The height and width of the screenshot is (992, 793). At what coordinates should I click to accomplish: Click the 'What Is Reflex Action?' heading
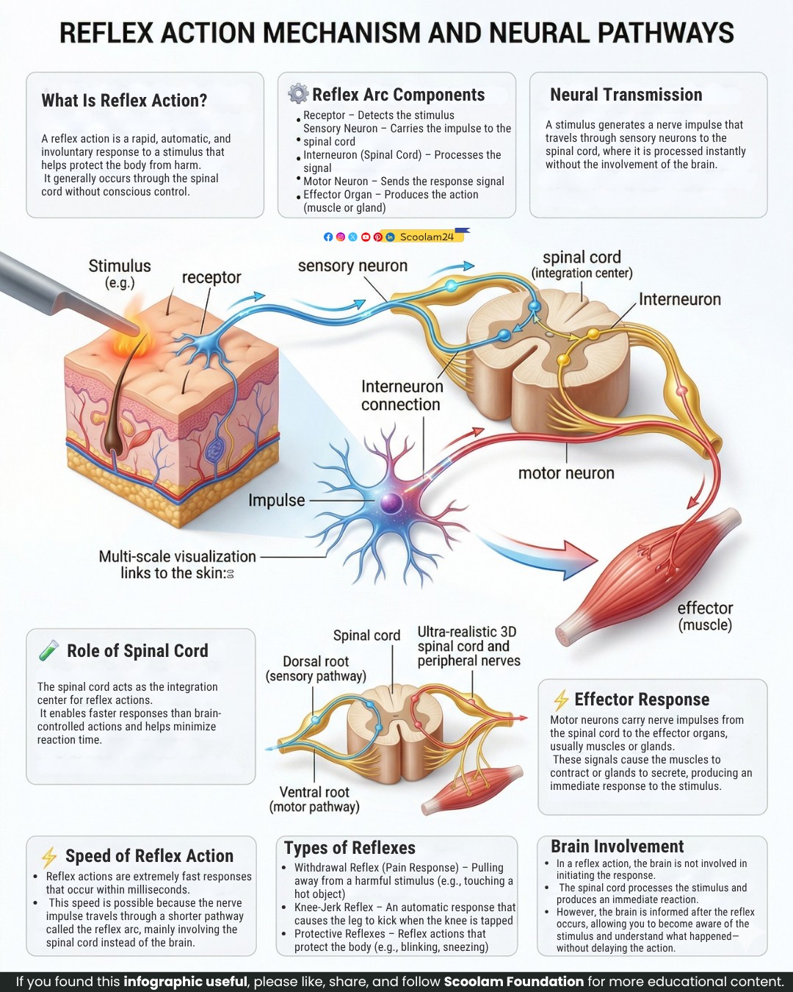(124, 100)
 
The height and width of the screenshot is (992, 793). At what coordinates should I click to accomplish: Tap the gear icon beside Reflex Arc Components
(298, 93)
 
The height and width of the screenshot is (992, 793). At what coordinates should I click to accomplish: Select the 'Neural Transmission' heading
(626, 95)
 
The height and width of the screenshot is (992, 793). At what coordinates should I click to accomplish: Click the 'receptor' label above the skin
(211, 277)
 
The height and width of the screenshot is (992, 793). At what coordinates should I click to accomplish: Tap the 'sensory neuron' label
(352, 265)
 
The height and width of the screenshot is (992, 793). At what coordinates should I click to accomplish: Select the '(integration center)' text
(582, 273)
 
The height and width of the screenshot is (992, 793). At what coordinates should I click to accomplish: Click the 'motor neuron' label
(566, 473)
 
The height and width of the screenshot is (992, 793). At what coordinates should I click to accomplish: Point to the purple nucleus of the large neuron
(391, 502)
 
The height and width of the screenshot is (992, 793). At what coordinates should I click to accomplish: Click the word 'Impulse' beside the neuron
(277, 500)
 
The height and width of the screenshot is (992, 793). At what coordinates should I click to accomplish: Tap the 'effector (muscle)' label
(705, 617)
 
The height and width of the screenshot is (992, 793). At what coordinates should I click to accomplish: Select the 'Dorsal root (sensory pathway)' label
(316, 669)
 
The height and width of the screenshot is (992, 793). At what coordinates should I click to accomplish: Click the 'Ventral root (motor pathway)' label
(314, 799)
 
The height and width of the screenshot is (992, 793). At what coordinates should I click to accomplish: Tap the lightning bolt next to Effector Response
(561, 700)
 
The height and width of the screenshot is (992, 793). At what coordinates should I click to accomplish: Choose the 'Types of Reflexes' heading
(350, 848)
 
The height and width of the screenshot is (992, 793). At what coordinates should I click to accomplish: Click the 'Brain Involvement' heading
(618, 847)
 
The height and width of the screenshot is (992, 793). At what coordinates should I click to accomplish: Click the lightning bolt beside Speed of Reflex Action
(49, 857)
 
